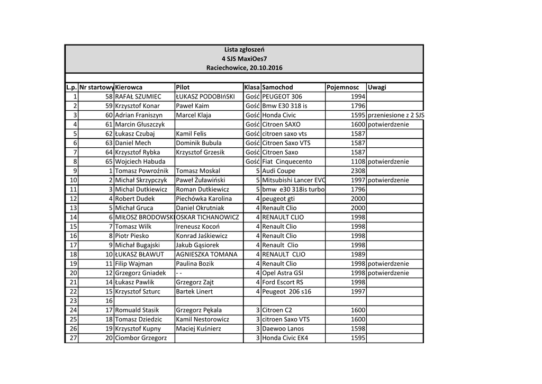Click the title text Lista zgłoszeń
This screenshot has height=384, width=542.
[244, 49]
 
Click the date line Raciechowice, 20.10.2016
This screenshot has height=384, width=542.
[245, 68]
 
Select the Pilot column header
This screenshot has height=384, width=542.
[183, 87]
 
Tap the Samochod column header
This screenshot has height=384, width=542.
[277, 87]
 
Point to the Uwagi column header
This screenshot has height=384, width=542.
[377, 87]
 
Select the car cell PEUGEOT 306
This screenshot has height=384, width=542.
[282, 96]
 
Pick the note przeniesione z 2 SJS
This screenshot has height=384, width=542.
[396, 115]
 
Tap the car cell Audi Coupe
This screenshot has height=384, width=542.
[279, 171]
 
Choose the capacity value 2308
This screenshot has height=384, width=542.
[358, 171]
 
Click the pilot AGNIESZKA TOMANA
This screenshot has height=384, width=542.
[206, 254]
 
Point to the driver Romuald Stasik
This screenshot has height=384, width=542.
[137, 310]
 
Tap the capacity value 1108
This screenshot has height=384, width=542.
[358, 162]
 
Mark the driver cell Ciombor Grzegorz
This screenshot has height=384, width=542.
[141, 338]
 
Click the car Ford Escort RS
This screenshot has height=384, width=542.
[283, 282]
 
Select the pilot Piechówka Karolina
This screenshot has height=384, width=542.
[204, 199]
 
